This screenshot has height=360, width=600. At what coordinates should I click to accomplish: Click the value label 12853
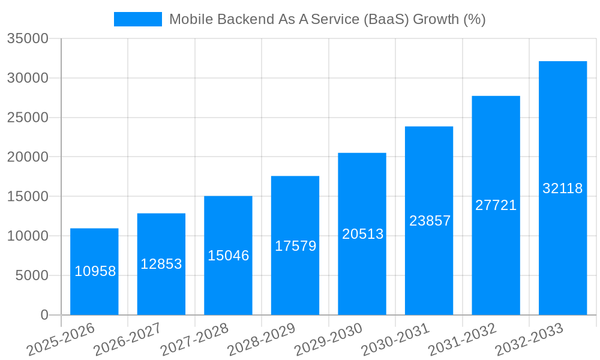161,264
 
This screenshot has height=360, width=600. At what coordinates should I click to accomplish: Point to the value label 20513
362,234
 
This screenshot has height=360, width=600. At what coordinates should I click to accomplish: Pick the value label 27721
496,205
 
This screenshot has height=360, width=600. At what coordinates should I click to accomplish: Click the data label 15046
228,256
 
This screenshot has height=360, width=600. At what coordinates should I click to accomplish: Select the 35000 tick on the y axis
28,39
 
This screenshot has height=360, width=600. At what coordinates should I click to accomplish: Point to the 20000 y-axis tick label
28,157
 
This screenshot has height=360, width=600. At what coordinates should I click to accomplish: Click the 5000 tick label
31,275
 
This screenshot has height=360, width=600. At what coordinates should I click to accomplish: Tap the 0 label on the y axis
44,315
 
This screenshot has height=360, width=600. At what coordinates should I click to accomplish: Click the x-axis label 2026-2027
128,340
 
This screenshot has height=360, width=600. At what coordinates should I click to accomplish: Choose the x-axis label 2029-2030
329,340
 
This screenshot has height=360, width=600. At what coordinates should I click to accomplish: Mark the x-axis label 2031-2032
463,340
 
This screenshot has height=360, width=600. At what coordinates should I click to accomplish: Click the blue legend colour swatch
138,19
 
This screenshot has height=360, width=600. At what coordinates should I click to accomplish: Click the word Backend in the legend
244,19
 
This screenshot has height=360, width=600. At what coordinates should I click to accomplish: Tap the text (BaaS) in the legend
386,19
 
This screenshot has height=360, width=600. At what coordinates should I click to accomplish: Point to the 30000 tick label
28,78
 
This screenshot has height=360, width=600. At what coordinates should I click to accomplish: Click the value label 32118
563,188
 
